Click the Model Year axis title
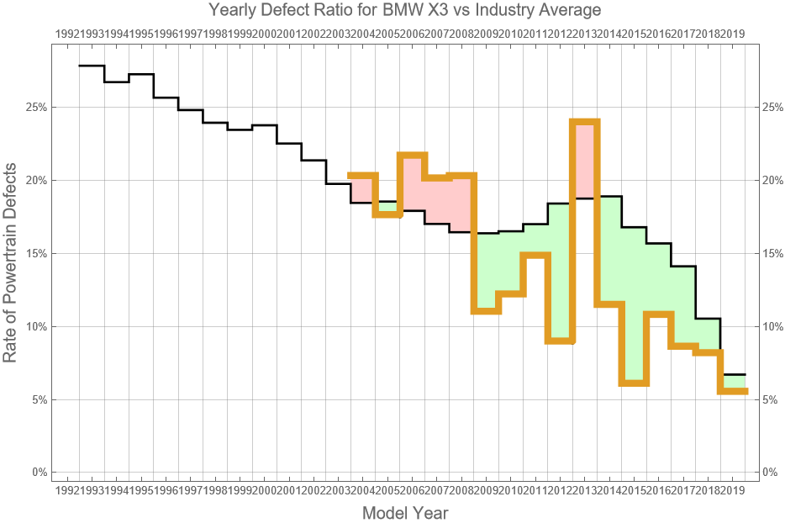(405, 513)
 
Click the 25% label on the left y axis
(36, 108)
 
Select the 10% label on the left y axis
(36, 326)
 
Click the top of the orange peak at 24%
(584, 122)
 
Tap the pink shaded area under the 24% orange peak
(584, 160)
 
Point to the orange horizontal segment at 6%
(634, 383)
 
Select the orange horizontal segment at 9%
(560, 341)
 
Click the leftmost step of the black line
(92, 66)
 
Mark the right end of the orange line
(745, 391)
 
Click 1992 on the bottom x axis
(66, 489)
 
